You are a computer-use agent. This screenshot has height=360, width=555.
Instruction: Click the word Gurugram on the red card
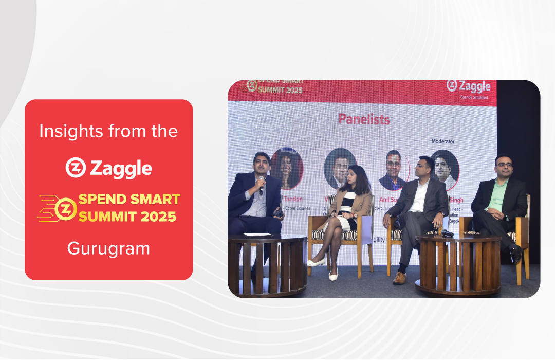[108, 248]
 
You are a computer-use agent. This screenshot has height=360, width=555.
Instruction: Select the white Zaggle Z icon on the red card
[75, 168]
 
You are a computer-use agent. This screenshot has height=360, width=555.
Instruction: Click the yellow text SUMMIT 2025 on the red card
[127, 217]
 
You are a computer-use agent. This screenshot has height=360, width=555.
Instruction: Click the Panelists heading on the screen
[364, 119]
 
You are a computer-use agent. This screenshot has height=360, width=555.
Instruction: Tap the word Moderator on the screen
[442, 141]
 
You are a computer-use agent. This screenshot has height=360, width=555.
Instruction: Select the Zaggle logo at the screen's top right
[468, 86]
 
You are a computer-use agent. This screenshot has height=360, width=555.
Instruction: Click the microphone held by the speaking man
[261, 183]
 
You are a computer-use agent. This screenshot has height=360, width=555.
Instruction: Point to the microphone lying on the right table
[446, 233]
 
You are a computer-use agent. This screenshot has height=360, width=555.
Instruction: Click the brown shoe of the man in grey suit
[399, 278]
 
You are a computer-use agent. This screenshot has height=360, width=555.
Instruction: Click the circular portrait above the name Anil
[392, 170]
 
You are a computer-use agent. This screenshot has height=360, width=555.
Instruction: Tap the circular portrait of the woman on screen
[287, 168]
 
